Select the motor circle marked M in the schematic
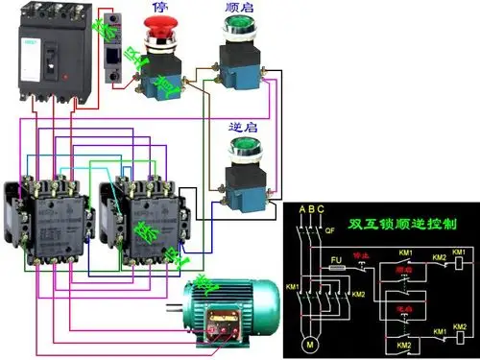tap(309, 343)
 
